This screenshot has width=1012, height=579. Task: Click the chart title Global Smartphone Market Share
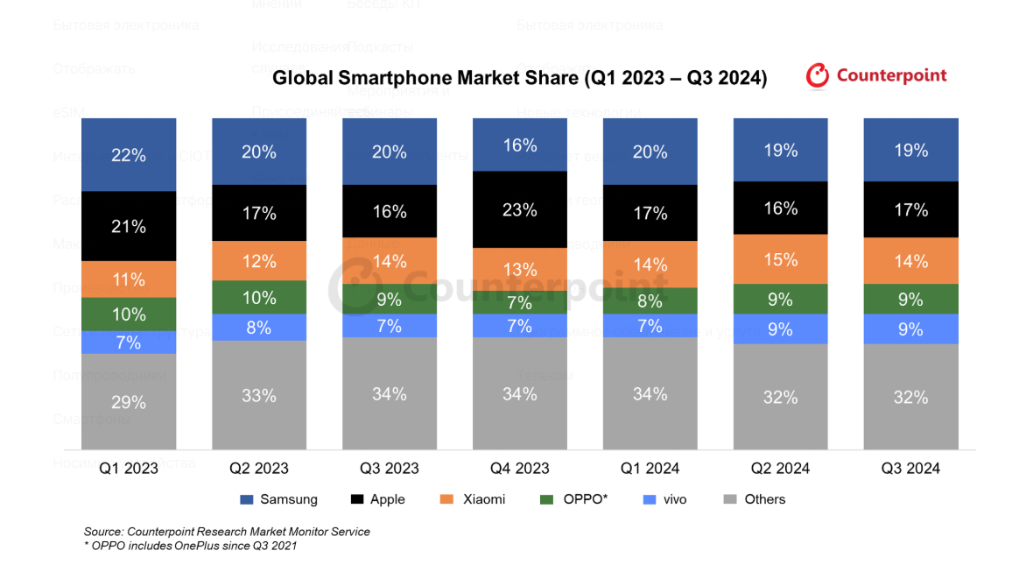click(x=519, y=79)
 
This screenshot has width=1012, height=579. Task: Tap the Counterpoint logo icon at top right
click(x=817, y=76)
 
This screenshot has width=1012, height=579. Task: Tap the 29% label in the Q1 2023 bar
click(x=129, y=403)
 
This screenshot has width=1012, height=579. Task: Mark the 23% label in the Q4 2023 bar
click(x=520, y=210)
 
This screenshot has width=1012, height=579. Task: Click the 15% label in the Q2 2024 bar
click(x=780, y=260)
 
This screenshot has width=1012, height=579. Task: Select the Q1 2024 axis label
click(x=650, y=468)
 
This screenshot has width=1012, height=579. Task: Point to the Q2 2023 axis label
click(x=259, y=468)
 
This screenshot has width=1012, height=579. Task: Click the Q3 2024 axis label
click(x=910, y=468)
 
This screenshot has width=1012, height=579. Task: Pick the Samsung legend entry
click(x=278, y=499)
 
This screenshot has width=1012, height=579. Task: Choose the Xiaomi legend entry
click(x=474, y=499)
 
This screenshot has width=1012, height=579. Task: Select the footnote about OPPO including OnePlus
click(x=190, y=546)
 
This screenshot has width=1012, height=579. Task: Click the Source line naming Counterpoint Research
click(x=227, y=532)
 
